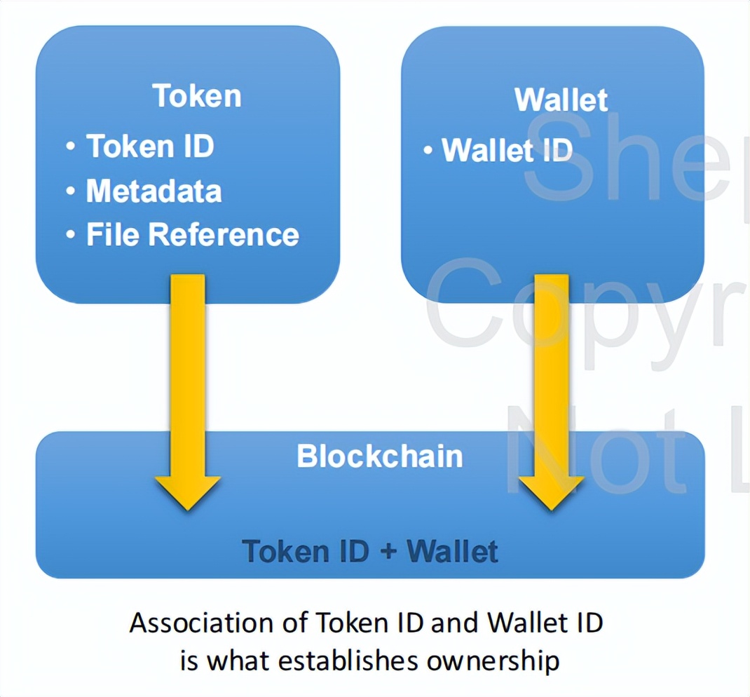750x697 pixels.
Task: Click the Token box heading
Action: [197, 96]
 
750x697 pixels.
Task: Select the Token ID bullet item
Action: [149, 147]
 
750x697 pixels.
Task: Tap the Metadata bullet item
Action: [154, 191]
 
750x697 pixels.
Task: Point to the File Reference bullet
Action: [192, 235]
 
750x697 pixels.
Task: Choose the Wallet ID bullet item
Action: [507, 150]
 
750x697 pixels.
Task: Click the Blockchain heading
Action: [379, 456]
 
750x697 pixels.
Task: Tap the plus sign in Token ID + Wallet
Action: [388, 552]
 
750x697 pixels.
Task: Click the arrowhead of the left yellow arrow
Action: [188, 491]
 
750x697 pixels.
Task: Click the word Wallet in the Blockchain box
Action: [452, 552]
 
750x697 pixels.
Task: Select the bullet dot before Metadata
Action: [70, 191]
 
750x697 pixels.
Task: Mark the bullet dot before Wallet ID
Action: [427, 151]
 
